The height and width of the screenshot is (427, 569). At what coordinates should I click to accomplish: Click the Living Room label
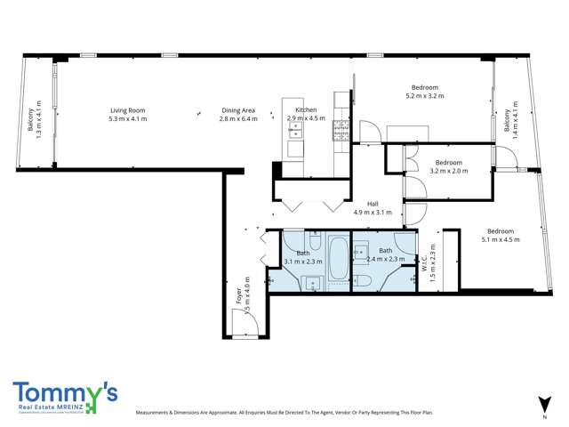127,110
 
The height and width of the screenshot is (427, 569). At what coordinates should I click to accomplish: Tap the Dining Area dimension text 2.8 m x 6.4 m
237,118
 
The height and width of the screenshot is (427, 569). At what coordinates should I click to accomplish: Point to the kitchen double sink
296,131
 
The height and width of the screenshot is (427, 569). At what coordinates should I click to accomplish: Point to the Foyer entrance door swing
252,325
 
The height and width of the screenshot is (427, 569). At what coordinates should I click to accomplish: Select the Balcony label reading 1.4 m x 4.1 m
508,121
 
